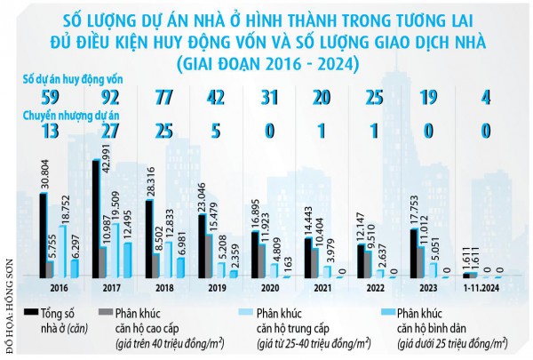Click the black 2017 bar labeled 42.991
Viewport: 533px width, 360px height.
[95, 219]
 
